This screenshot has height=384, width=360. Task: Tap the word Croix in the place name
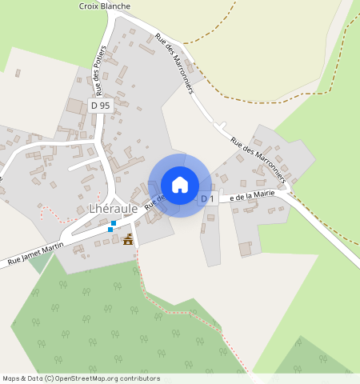88,6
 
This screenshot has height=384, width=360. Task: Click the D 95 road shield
100,105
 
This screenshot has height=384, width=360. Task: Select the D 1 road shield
208,198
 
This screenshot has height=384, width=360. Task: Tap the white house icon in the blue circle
180,185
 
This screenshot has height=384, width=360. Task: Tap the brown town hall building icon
128,239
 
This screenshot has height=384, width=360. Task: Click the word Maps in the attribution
11,379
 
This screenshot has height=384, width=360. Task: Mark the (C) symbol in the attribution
50,379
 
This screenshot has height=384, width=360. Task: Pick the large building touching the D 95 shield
77,106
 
